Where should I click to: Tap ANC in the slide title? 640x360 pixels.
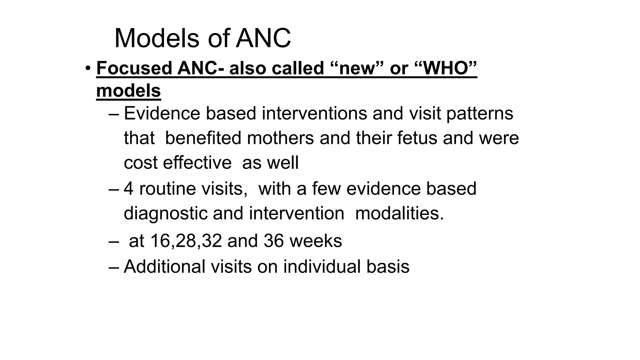click(263, 39)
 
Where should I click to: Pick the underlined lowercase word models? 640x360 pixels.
click(128, 91)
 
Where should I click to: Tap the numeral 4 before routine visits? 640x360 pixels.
click(128, 189)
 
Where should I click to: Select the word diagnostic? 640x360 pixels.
click(166, 213)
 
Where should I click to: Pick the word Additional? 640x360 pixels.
click(165, 267)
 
